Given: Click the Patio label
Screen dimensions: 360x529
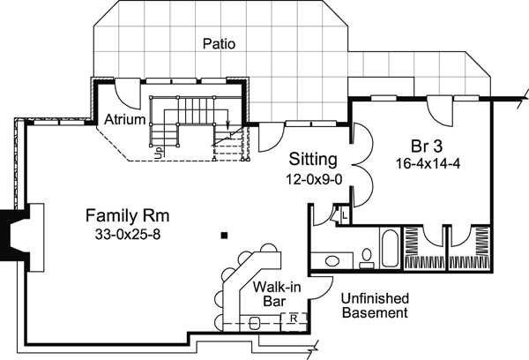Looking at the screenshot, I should click(x=218, y=41).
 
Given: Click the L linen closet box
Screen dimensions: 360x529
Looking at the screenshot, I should click(x=343, y=215).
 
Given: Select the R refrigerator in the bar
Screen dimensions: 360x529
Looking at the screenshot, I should click(x=294, y=318).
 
